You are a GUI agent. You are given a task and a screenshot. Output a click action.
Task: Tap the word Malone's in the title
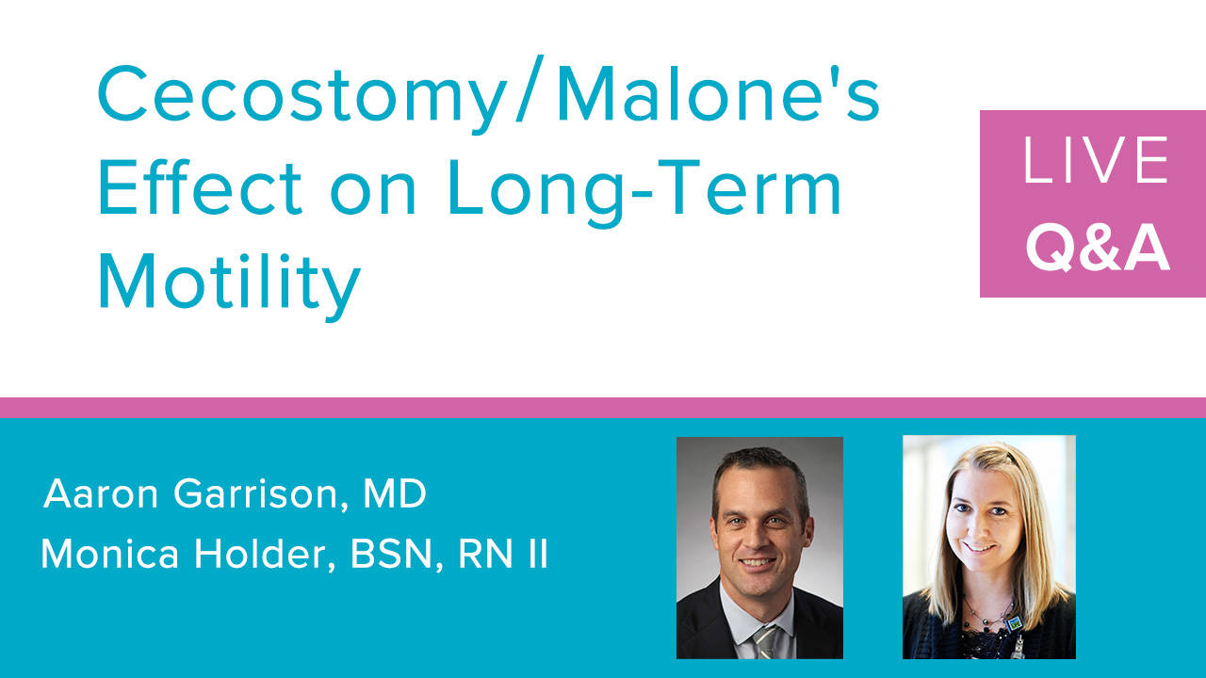pos(719,89)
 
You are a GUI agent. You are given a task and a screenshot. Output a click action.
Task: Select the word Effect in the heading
pos(200,186)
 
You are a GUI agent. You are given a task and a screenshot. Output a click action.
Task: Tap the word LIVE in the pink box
pos(1096,160)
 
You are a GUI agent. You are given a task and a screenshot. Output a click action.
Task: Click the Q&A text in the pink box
pos(1098,247)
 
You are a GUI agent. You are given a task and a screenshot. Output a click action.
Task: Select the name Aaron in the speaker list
pos(101,493)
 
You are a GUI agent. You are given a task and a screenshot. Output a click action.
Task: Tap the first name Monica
pos(110,554)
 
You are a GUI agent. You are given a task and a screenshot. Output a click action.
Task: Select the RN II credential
pos(503,554)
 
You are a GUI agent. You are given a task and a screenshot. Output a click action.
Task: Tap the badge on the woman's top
pos(1015,624)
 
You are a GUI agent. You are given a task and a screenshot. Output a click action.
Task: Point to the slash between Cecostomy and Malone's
pos(530,89)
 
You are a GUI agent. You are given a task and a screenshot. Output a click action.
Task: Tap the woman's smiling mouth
pos(979,547)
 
